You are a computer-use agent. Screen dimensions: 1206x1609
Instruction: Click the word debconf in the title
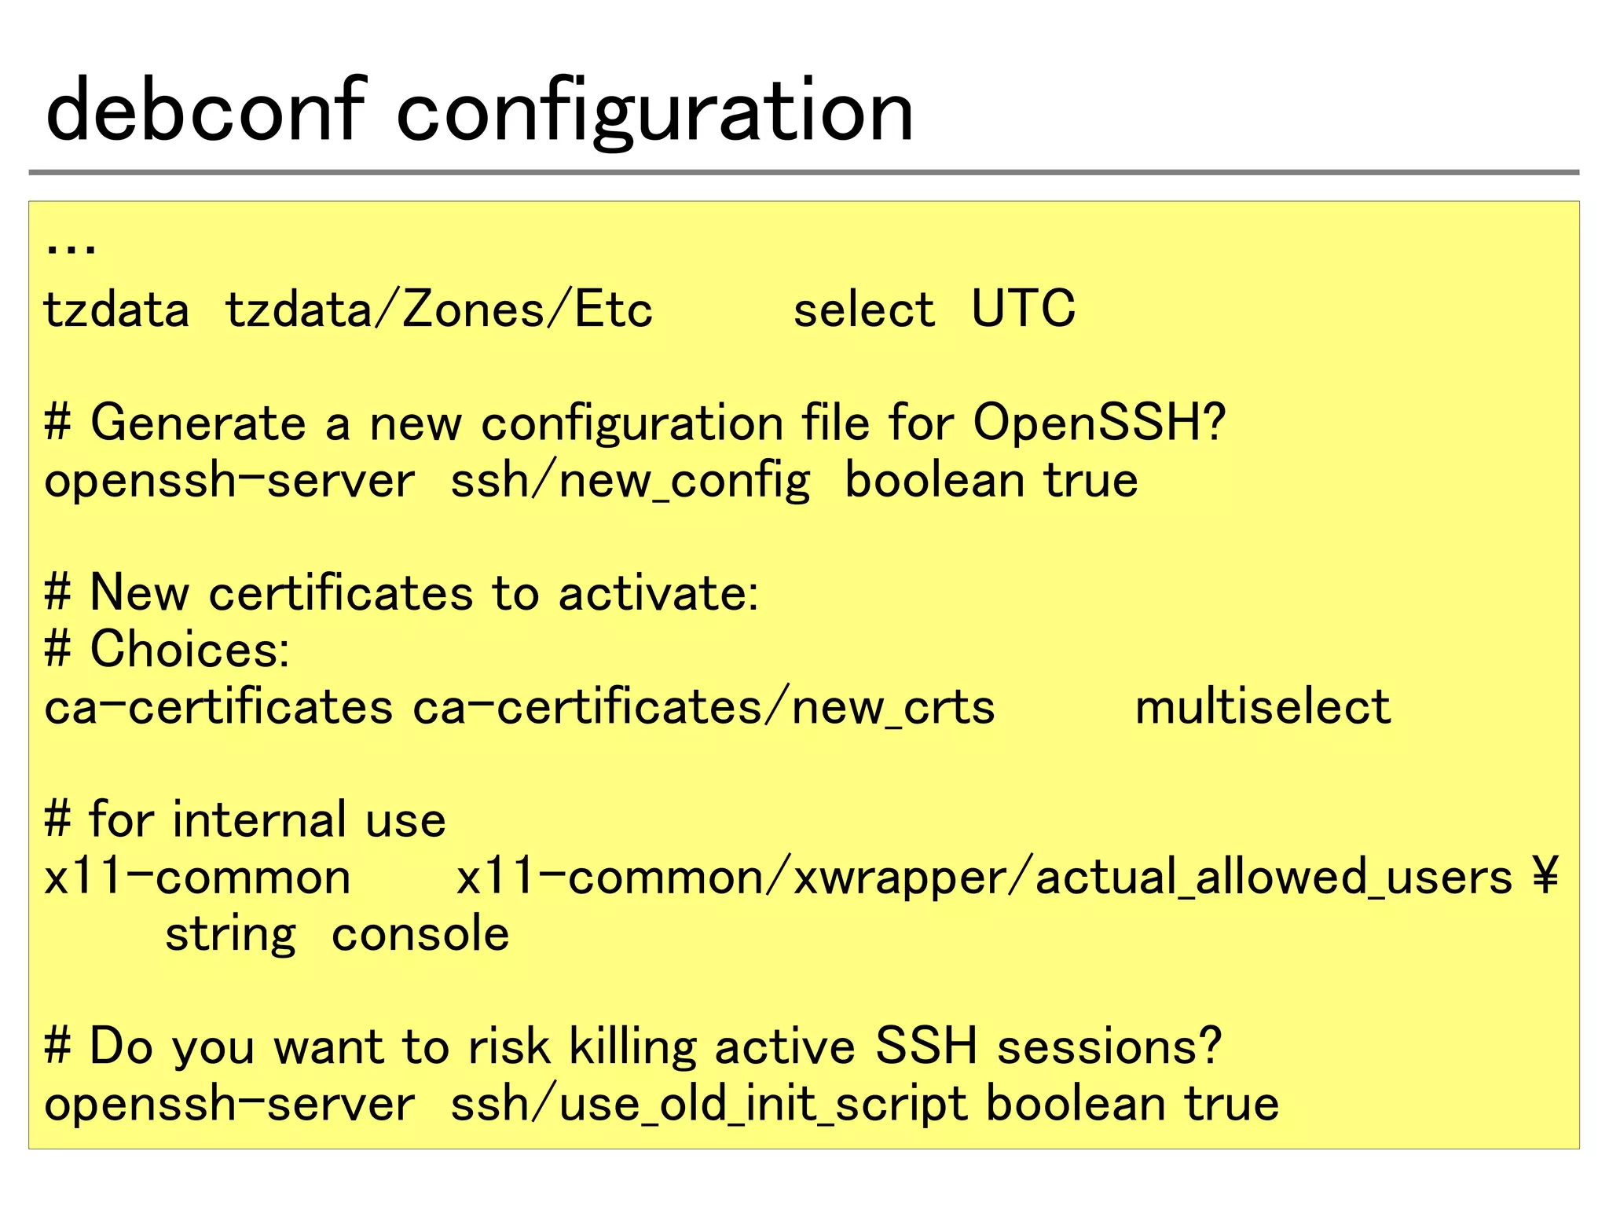[206, 112]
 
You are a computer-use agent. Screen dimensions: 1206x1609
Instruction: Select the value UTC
[1023, 309]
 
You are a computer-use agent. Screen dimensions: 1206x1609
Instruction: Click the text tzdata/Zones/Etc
[438, 310]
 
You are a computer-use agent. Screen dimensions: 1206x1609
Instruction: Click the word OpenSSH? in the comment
[1098, 423]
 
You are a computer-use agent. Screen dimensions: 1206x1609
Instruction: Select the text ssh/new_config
[630, 481]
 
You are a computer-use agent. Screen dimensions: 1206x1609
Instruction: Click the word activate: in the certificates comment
[658, 593]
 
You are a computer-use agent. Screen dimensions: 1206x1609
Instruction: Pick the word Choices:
[189, 650]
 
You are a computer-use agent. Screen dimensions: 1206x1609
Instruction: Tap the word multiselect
[1263, 706]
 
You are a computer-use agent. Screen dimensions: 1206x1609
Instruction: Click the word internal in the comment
[259, 820]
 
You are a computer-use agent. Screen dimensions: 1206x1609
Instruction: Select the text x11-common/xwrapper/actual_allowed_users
[984, 878]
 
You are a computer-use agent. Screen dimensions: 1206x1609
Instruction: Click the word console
[420, 935]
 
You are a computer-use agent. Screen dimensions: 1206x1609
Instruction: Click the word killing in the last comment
[632, 1047]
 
